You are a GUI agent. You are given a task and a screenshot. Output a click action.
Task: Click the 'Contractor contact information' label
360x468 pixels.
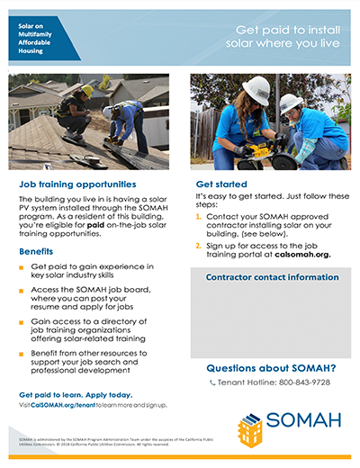point(266,277)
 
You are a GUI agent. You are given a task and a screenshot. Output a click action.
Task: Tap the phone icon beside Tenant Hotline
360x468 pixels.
point(213,382)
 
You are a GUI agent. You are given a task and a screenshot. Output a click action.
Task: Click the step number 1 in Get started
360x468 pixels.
point(198,217)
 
